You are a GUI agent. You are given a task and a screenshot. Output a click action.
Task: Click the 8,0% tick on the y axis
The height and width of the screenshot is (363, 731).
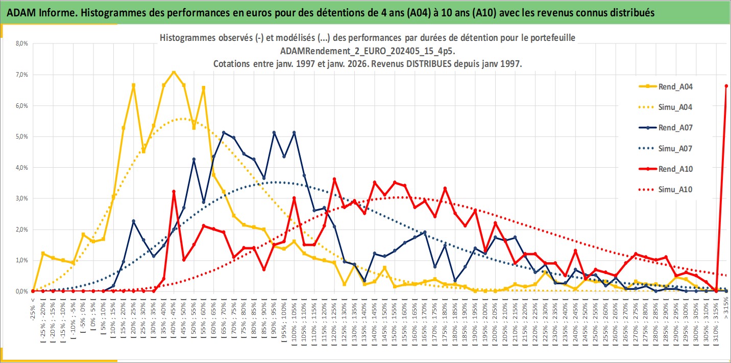pyautogui.click(x=21, y=43)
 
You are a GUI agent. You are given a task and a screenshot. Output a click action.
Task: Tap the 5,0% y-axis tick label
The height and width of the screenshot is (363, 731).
pyautogui.click(x=21, y=137)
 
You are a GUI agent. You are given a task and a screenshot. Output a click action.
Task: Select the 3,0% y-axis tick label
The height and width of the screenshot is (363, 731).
pyautogui.click(x=21, y=198)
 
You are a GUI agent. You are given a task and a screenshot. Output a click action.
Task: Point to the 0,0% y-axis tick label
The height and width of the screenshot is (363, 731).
pyautogui.click(x=21, y=291)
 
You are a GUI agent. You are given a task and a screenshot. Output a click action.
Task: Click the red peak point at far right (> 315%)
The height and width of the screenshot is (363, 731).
pyautogui.click(x=726, y=86)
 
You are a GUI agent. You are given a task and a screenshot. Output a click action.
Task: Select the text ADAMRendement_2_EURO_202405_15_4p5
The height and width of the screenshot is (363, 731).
pyautogui.click(x=368, y=51)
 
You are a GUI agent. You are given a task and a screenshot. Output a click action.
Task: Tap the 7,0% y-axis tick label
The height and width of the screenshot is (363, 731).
pyautogui.click(x=21, y=75)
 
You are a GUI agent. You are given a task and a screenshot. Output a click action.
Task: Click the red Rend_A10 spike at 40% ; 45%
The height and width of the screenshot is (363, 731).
pyautogui.click(x=174, y=191)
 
